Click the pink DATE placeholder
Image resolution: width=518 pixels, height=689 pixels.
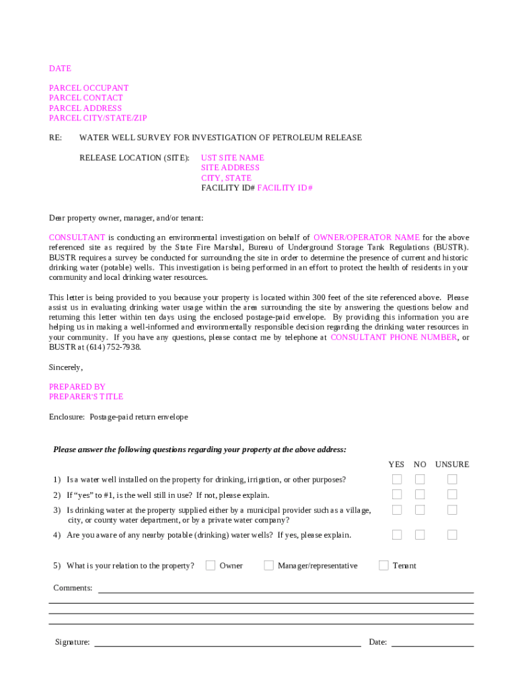(x=60, y=69)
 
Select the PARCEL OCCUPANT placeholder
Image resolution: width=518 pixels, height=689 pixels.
(x=89, y=88)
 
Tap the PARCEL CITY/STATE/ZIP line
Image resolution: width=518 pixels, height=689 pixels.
(x=98, y=118)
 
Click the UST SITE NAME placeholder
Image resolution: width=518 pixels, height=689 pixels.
(x=233, y=158)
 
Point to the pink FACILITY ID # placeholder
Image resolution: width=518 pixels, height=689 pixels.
(x=285, y=188)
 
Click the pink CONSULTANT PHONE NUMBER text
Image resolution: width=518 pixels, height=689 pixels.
(x=394, y=338)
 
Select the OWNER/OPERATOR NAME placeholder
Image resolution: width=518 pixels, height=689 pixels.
(x=367, y=238)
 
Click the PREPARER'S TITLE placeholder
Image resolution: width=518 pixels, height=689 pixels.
(x=86, y=397)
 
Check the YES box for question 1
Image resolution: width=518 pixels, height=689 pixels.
(x=397, y=480)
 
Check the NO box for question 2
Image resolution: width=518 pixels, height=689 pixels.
(x=420, y=495)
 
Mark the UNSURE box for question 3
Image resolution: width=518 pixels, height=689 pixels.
(x=452, y=510)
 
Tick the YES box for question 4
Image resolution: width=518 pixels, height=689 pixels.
(x=397, y=535)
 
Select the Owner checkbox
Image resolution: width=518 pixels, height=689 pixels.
(x=211, y=565)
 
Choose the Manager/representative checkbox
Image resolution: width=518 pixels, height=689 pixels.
(x=268, y=565)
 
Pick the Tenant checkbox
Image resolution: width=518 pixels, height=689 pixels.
(x=383, y=565)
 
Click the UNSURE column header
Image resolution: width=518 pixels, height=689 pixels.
(x=452, y=464)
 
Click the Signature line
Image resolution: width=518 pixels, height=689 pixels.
(x=227, y=645)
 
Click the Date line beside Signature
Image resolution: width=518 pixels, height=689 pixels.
(x=433, y=645)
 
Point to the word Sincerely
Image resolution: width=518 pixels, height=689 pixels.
(x=65, y=367)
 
